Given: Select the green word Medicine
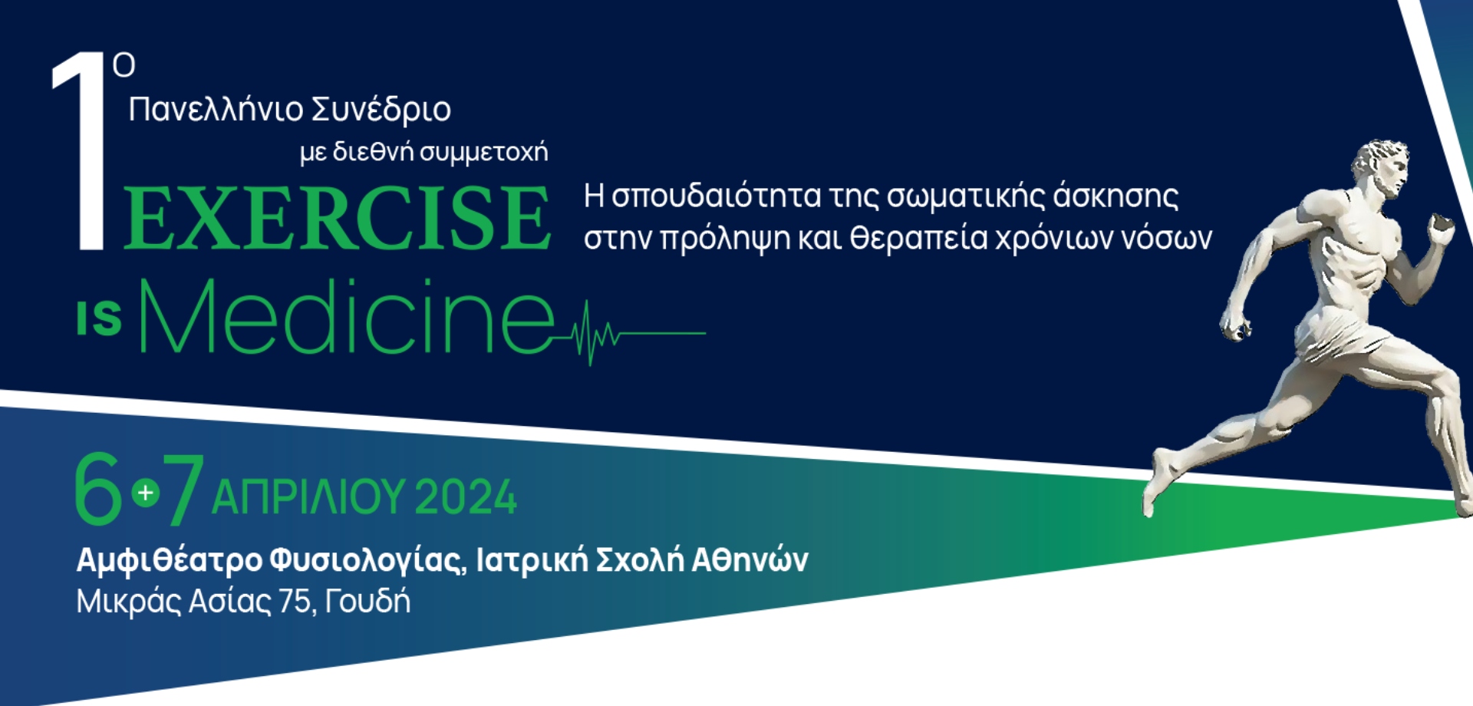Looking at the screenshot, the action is pos(346,316).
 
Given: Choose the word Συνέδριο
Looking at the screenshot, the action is pos(381,109).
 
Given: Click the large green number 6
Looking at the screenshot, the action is pos(98,488).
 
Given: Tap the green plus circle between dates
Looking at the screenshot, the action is pos(145,492).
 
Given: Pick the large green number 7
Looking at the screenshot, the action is pos(183,488).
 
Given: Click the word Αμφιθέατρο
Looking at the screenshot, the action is pos(170,561).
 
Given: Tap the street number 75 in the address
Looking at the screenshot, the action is pos(297,602).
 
